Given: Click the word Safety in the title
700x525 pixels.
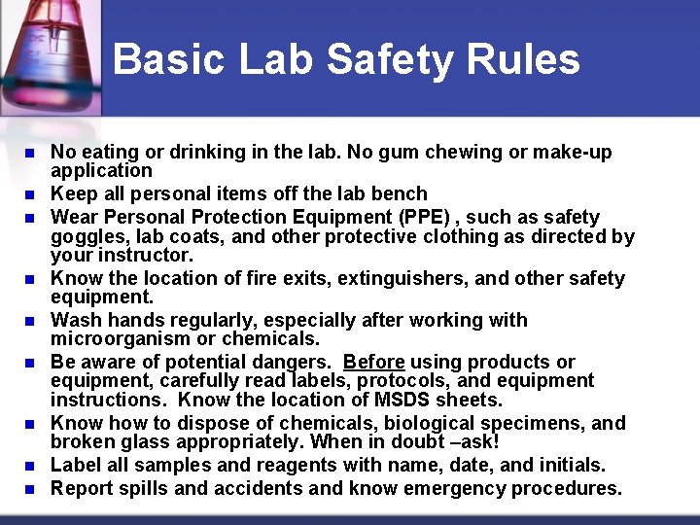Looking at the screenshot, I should pyautogui.click(x=389, y=59).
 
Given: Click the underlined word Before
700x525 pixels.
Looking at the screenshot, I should pyautogui.click(x=373, y=362).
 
